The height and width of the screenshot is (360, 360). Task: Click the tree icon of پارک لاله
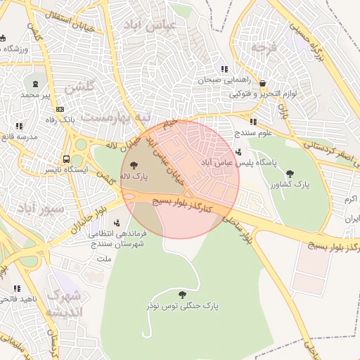click(x=134, y=164)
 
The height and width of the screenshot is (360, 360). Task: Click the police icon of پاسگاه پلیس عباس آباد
click(x=239, y=152)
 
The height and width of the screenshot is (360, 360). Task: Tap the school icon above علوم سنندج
click(x=253, y=122)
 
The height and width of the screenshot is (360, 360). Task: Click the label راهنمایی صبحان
click(x=204, y=80)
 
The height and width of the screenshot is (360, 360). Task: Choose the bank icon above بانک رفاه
click(x=60, y=109)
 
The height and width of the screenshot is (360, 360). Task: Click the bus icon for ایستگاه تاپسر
click(x=66, y=159)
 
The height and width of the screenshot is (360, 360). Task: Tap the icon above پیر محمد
click(x=34, y=82)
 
